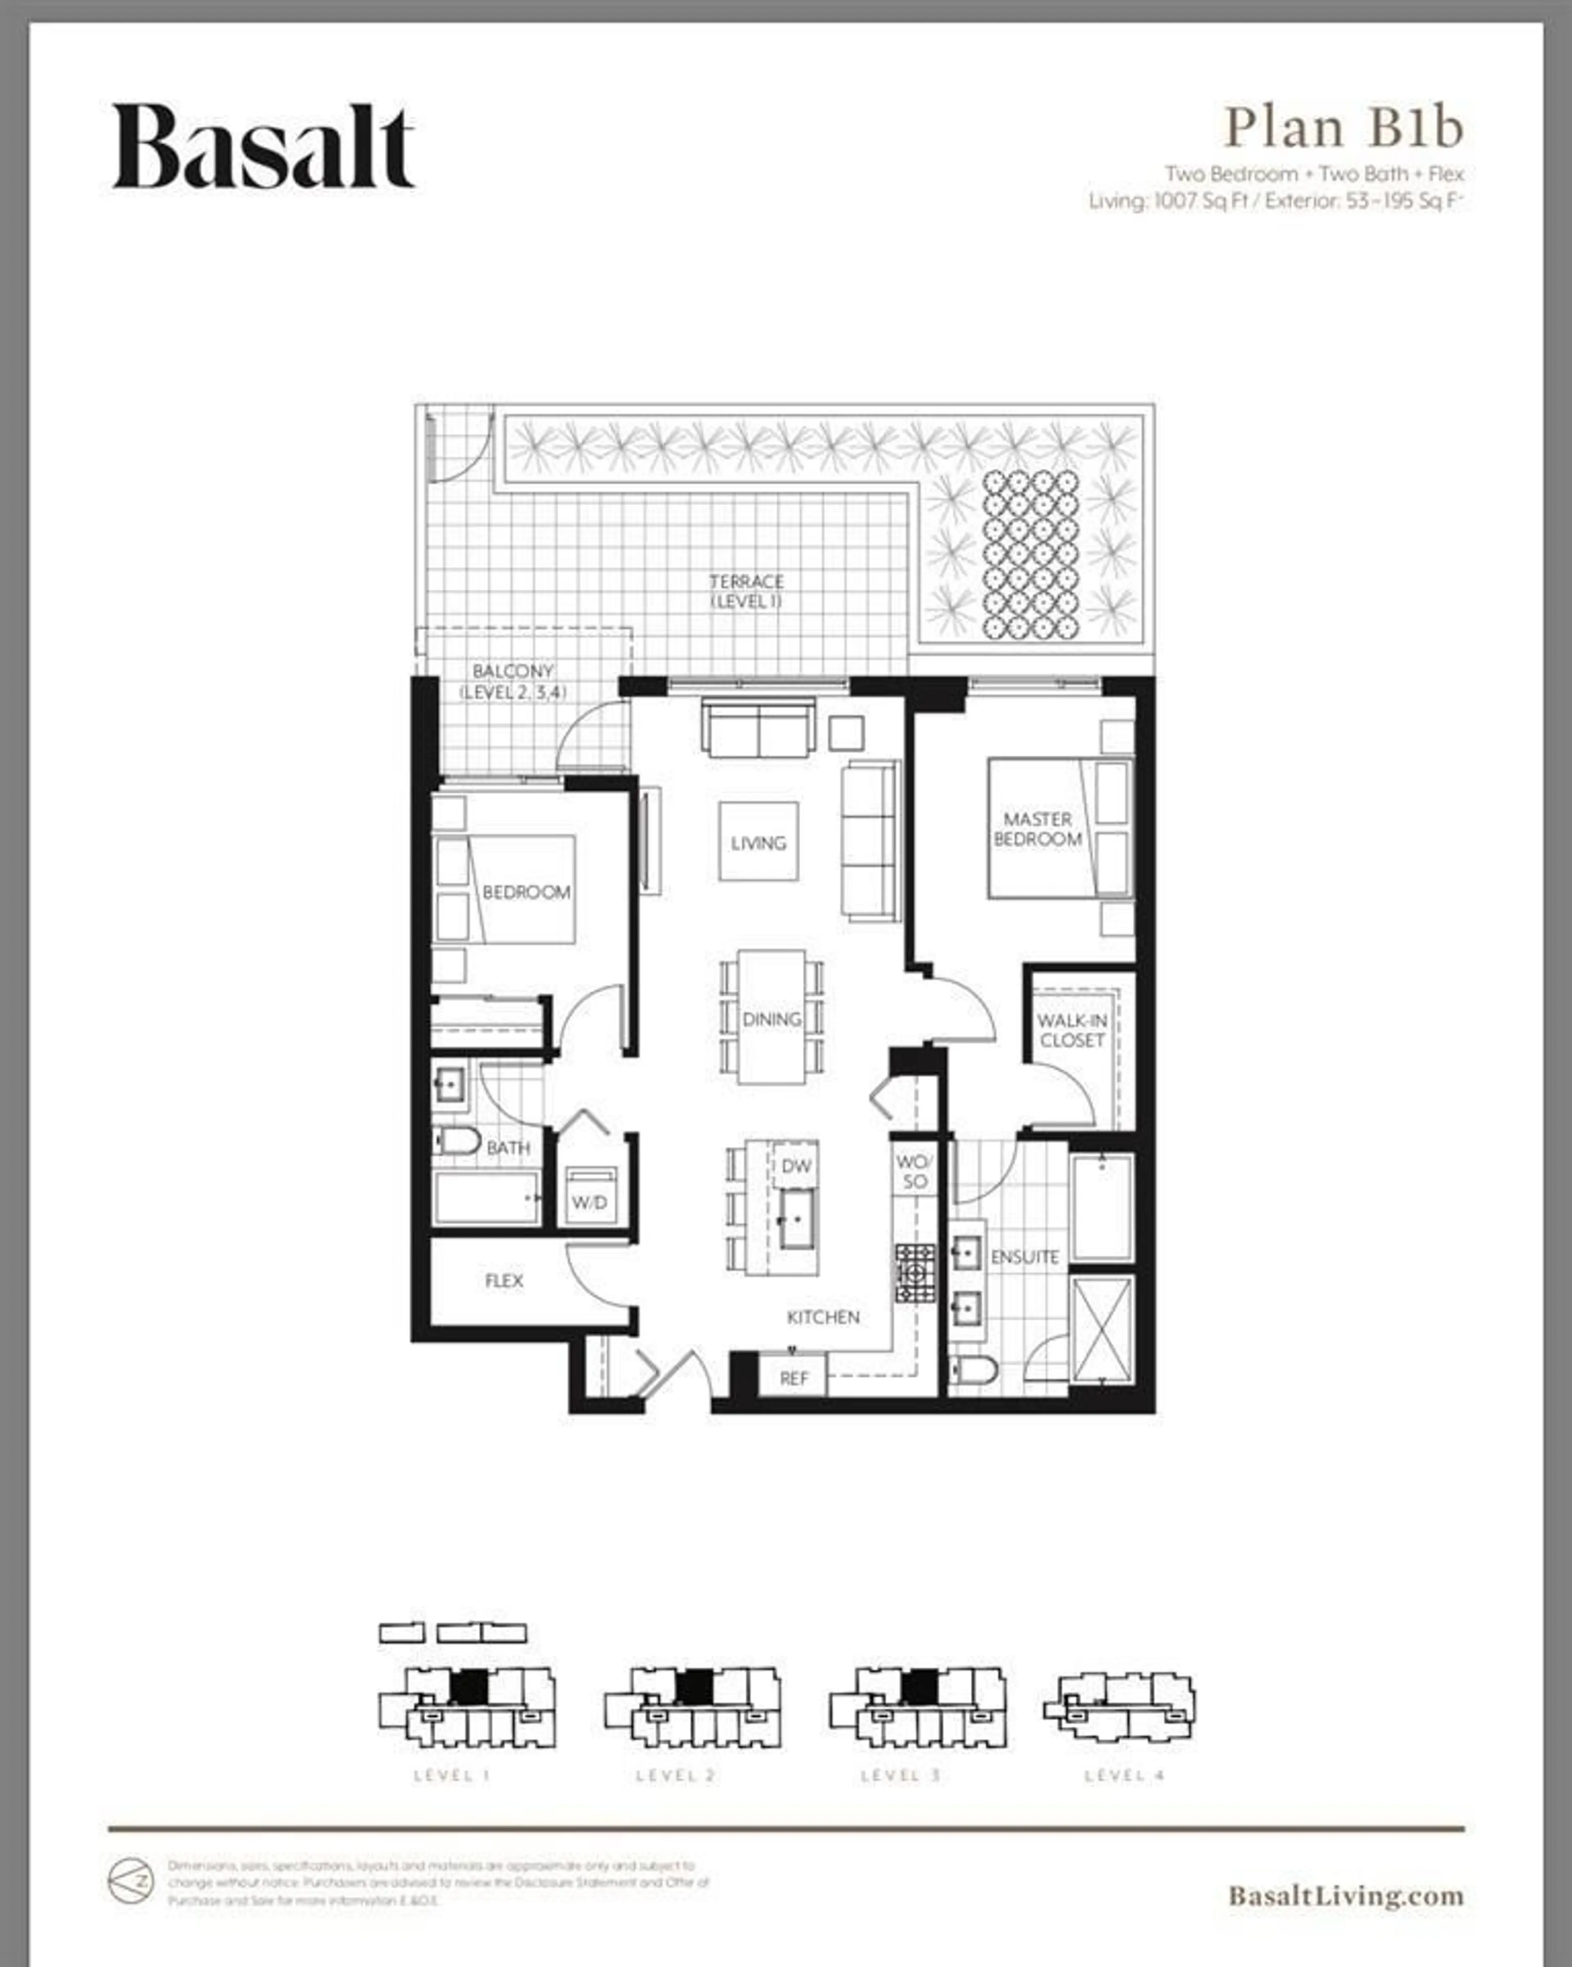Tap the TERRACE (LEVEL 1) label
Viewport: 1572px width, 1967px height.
[746, 590]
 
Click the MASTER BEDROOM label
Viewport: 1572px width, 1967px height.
[1037, 828]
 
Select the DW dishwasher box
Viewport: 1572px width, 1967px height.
[795, 1165]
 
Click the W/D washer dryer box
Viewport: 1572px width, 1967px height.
[589, 1195]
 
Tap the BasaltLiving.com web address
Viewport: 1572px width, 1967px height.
[1345, 1895]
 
